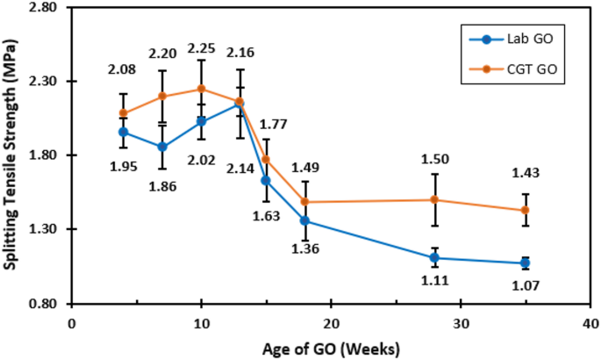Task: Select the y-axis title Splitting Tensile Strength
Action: pos(12,155)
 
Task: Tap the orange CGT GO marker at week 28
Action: pos(434,199)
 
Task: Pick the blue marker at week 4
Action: pos(124,132)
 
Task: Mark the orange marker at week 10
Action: pos(201,88)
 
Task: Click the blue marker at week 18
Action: pos(304,220)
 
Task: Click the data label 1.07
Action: pos(526,285)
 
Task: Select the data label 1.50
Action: pos(434,158)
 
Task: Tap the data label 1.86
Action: pos(162,185)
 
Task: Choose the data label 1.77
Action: pos(275,124)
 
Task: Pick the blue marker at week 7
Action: pos(162,147)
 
